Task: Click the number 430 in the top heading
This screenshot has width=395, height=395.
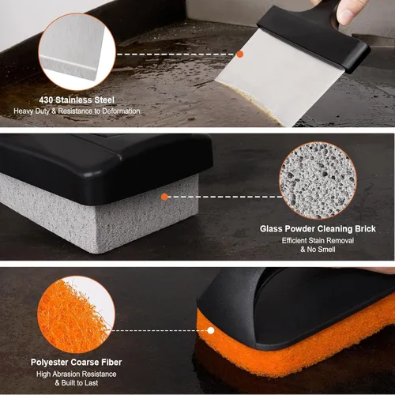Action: [x=46, y=100]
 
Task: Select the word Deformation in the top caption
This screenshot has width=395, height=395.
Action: [x=121, y=111]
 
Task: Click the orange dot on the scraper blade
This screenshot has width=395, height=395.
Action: [x=239, y=55]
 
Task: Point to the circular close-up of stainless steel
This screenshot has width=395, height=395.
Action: [x=77, y=52]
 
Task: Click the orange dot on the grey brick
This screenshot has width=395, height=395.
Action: [x=164, y=197]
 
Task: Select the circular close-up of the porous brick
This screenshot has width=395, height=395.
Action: [x=318, y=181]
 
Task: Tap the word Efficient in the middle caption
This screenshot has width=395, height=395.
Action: [x=294, y=240]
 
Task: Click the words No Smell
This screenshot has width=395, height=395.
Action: [x=321, y=249]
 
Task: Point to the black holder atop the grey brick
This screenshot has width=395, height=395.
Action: [x=105, y=166]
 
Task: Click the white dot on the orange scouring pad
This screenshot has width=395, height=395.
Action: [x=211, y=330]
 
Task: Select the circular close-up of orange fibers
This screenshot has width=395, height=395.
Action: [x=77, y=314]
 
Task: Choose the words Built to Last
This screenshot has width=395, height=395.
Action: [x=80, y=382]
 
